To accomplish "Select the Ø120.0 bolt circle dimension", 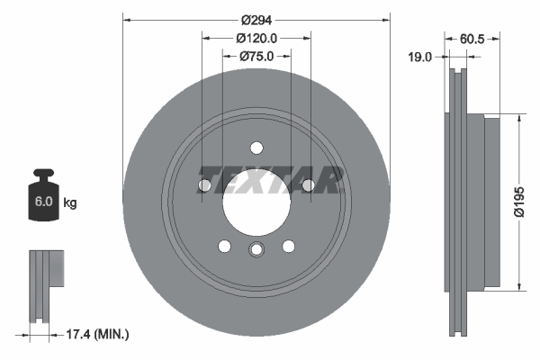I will pyautogui.click(x=256, y=38).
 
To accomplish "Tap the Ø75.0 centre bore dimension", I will pyautogui.click(x=256, y=56).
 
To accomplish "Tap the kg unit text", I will pyautogui.click(x=69, y=203).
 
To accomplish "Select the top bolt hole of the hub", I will pyautogui.click(x=256, y=148).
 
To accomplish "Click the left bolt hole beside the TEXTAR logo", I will pyautogui.click(x=203, y=185).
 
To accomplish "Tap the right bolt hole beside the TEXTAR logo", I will pyautogui.click(x=309, y=185).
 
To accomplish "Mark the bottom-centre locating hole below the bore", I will pyautogui.click(x=256, y=251).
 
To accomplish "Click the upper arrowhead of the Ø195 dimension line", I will pyautogui.click(x=520, y=117).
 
